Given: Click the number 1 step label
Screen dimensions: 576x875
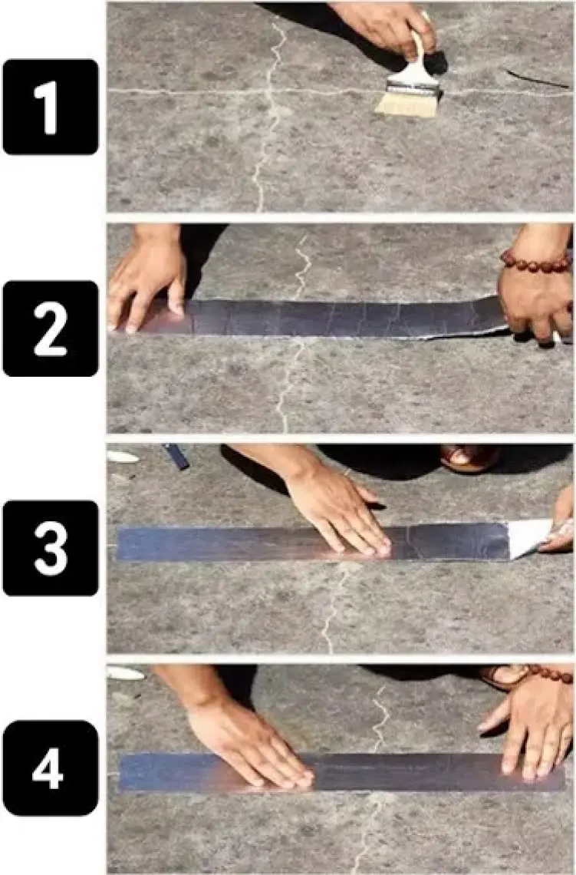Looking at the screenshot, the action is [50, 107].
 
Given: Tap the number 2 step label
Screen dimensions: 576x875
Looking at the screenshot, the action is [50, 329].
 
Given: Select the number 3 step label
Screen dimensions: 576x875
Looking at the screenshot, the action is [50, 548].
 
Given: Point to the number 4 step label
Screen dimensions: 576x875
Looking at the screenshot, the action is [50, 768].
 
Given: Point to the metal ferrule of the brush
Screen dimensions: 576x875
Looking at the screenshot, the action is [413, 88].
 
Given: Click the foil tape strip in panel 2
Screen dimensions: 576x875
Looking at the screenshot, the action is [334, 319].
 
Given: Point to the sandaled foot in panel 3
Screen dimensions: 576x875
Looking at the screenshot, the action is [469, 457].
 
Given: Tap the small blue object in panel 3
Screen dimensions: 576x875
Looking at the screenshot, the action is [176, 456].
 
